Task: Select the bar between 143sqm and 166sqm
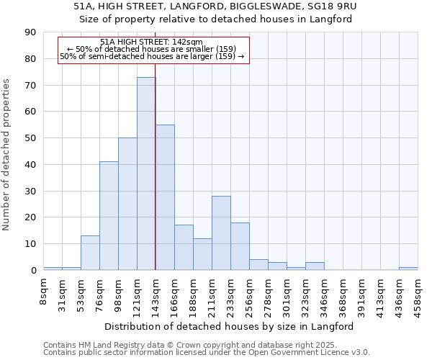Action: point(165,197)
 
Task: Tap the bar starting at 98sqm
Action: point(127,204)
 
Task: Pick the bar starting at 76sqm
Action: point(109,216)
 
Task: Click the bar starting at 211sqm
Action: point(221,233)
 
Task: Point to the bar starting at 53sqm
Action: point(90,253)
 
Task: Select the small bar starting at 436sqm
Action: point(408,269)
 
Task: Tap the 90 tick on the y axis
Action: point(31,32)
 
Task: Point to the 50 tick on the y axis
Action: point(31,138)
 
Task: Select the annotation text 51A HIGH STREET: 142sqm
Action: point(152,42)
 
